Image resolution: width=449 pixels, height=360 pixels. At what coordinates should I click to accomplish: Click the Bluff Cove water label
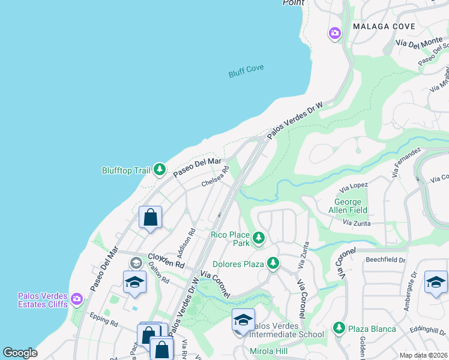tap(246, 71)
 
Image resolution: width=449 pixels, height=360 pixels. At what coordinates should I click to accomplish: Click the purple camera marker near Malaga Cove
tap(335, 33)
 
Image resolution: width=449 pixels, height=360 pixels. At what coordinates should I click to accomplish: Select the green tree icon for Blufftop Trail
tap(159, 170)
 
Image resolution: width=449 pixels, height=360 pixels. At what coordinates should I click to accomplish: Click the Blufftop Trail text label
tap(125, 170)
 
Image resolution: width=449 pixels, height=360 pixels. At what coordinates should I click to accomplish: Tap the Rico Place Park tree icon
tap(259, 238)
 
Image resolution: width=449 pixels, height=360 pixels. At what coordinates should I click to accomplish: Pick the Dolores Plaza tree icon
tap(273, 263)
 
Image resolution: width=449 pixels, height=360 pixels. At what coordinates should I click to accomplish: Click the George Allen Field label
tap(348, 206)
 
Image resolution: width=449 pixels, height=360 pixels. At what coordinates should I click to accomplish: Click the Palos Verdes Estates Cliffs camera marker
tap(76, 299)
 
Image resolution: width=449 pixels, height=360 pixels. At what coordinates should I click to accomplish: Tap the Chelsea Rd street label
tap(215, 177)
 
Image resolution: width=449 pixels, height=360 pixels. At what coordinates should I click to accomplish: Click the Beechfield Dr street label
tap(385, 260)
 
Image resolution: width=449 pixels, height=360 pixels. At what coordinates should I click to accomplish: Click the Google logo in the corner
tap(20, 352)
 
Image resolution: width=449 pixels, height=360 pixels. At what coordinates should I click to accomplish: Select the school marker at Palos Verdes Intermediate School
tap(243, 320)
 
